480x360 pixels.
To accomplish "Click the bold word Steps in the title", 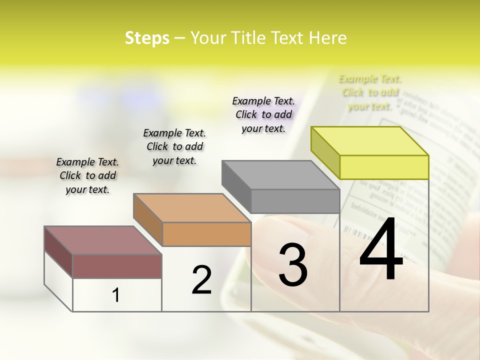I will tap(147, 38).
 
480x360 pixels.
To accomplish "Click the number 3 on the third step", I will tap(293, 264).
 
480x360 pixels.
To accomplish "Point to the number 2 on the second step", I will tap(201, 280).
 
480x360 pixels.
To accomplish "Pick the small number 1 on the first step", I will tap(116, 295).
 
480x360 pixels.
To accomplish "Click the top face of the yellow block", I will tap(370, 141).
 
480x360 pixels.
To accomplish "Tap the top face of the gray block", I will tap(280, 175).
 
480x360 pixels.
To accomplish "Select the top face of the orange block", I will tap(192, 208).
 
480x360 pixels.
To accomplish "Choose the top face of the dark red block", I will tap(103, 240).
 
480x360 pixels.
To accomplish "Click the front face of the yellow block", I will tap(384, 167).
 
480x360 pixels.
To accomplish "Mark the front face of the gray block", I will tap(295, 201).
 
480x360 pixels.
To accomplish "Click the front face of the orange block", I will tap(206, 234).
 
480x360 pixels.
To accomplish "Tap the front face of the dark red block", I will tap(117, 266).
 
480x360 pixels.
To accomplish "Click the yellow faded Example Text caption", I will tap(369, 92).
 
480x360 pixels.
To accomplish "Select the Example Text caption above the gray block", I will tap(263, 114).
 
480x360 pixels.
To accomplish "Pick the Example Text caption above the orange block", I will tap(174, 146).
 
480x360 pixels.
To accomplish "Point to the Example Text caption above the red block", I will tap(87, 175).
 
